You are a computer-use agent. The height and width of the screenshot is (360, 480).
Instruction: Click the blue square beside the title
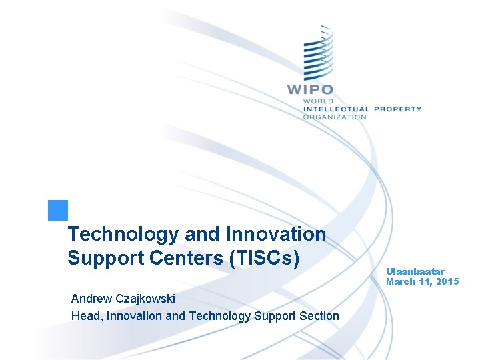click(x=58, y=210)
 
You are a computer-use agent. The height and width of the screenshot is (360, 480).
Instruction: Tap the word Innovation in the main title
click(x=276, y=235)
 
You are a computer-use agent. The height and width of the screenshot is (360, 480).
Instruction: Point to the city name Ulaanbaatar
click(x=415, y=271)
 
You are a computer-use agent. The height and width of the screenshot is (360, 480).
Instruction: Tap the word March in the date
click(x=401, y=281)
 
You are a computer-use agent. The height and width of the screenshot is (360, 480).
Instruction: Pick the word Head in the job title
click(x=85, y=316)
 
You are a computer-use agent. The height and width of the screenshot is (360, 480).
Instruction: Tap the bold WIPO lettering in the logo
click(x=310, y=89)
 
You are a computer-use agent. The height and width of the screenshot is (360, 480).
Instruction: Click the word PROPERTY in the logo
click(x=397, y=109)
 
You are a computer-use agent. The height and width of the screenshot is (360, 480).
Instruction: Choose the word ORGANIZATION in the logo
click(x=335, y=117)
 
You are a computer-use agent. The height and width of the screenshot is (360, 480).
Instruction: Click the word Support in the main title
click(x=103, y=257)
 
